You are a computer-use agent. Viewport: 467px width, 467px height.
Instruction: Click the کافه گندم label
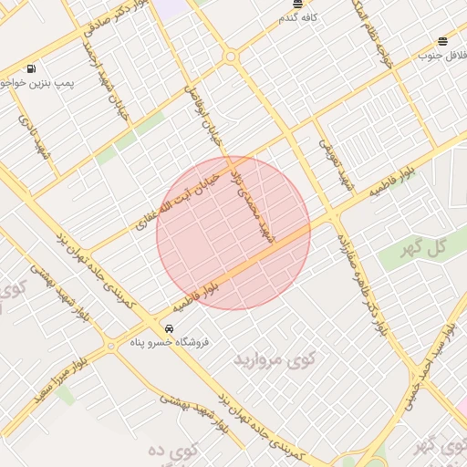click(x=298, y=17)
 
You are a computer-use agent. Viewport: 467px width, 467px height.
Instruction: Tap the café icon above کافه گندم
click(x=297, y=5)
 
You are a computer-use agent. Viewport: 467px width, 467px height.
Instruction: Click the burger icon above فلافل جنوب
click(x=442, y=41)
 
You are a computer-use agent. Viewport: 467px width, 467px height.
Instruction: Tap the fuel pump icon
click(x=33, y=68)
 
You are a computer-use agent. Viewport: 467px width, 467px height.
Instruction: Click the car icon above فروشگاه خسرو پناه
click(x=169, y=327)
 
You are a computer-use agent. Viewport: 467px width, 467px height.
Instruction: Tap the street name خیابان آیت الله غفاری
click(x=179, y=194)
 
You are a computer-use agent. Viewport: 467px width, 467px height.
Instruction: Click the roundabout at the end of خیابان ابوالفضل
click(x=230, y=57)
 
